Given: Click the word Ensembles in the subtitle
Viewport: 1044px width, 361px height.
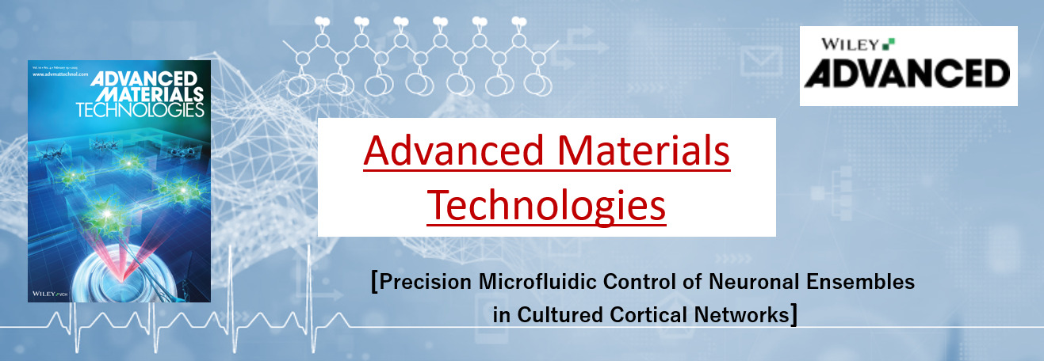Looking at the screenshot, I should (871, 282).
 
